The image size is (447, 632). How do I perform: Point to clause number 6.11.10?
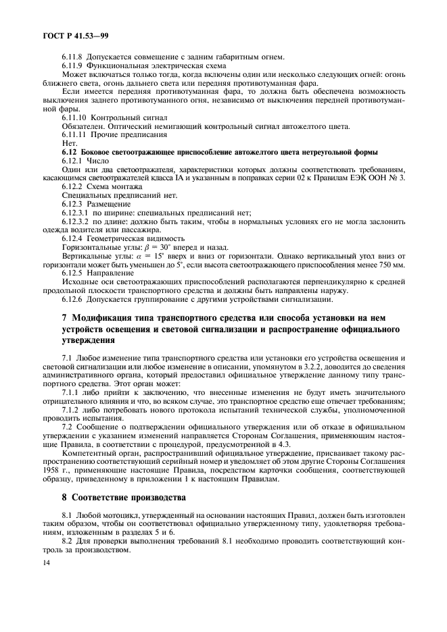pos(74,117)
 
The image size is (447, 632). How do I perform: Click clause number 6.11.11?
pos(74,135)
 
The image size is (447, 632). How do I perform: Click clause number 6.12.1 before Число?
pos(72,161)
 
